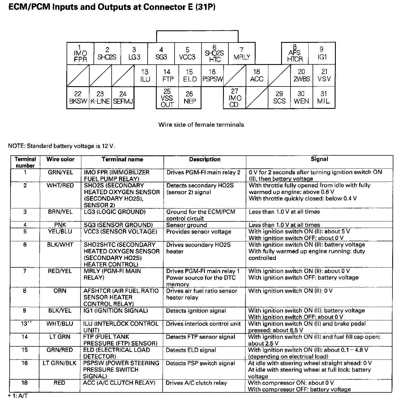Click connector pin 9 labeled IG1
click(x=322, y=53)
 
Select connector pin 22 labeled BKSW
click(x=78, y=98)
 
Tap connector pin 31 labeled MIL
click(x=324, y=98)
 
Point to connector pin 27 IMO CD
click(x=234, y=98)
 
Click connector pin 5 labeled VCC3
click(x=187, y=53)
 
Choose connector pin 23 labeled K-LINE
click(x=100, y=98)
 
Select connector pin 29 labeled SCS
click(x=279, y=98)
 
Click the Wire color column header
click(x=60, y=159)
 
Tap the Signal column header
click(x=319, y=159)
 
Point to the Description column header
click(x=205, y=159)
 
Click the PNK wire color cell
click(x=60, y=225)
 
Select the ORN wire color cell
click(x=60, y=291)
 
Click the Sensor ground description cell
click(x=186, y=225)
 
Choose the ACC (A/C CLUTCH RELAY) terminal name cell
click(x=119, y=383)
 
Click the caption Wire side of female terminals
click(x=201, y=124)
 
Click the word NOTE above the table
click(x=16, y=146)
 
